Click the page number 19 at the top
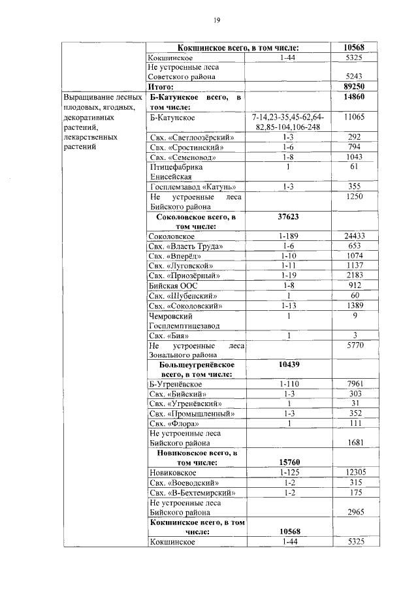point(216,20)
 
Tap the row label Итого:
point(159,86)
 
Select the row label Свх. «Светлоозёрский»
point(191,138)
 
